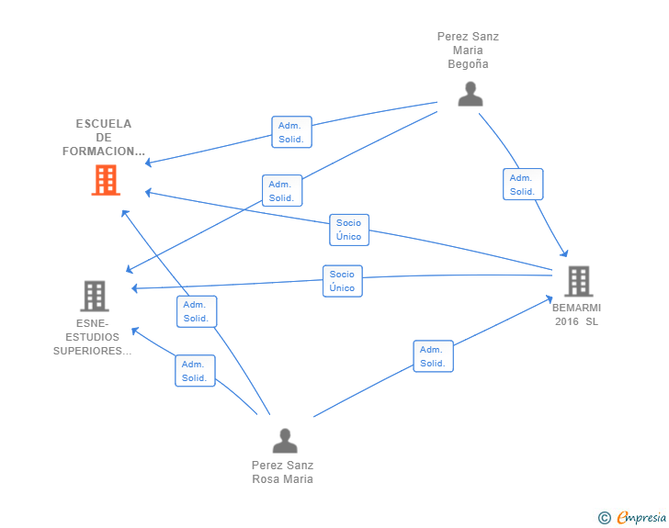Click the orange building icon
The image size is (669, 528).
(106, 180)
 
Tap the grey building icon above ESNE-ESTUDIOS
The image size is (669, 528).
(95, 296)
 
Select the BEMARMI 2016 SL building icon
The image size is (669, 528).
(579, 281)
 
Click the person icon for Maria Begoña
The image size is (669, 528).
(471, 94)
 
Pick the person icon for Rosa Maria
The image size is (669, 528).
(285, 441)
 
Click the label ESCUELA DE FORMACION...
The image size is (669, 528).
(104, 138)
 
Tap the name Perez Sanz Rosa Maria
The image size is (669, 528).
(282, 472)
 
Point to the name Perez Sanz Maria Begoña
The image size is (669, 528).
(468, 51)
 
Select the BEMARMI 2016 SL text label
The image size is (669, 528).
(576, 315)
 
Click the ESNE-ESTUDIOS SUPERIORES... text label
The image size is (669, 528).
(92, 337)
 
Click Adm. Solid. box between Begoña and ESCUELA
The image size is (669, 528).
(292, 132)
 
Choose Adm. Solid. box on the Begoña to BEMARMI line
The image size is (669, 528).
(523, 185)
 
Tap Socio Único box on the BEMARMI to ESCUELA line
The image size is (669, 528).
(349, 230)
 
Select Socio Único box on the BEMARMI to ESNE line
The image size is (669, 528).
(342, 281)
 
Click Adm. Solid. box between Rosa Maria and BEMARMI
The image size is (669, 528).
(433, 356)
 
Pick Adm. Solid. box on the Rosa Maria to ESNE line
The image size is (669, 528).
(195, 371)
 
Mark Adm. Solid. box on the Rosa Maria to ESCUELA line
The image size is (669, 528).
(197, 312)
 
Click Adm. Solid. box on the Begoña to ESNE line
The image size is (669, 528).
(282, 191)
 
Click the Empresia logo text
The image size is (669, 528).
(641, 517)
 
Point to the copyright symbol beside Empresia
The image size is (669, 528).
(604, 518)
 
